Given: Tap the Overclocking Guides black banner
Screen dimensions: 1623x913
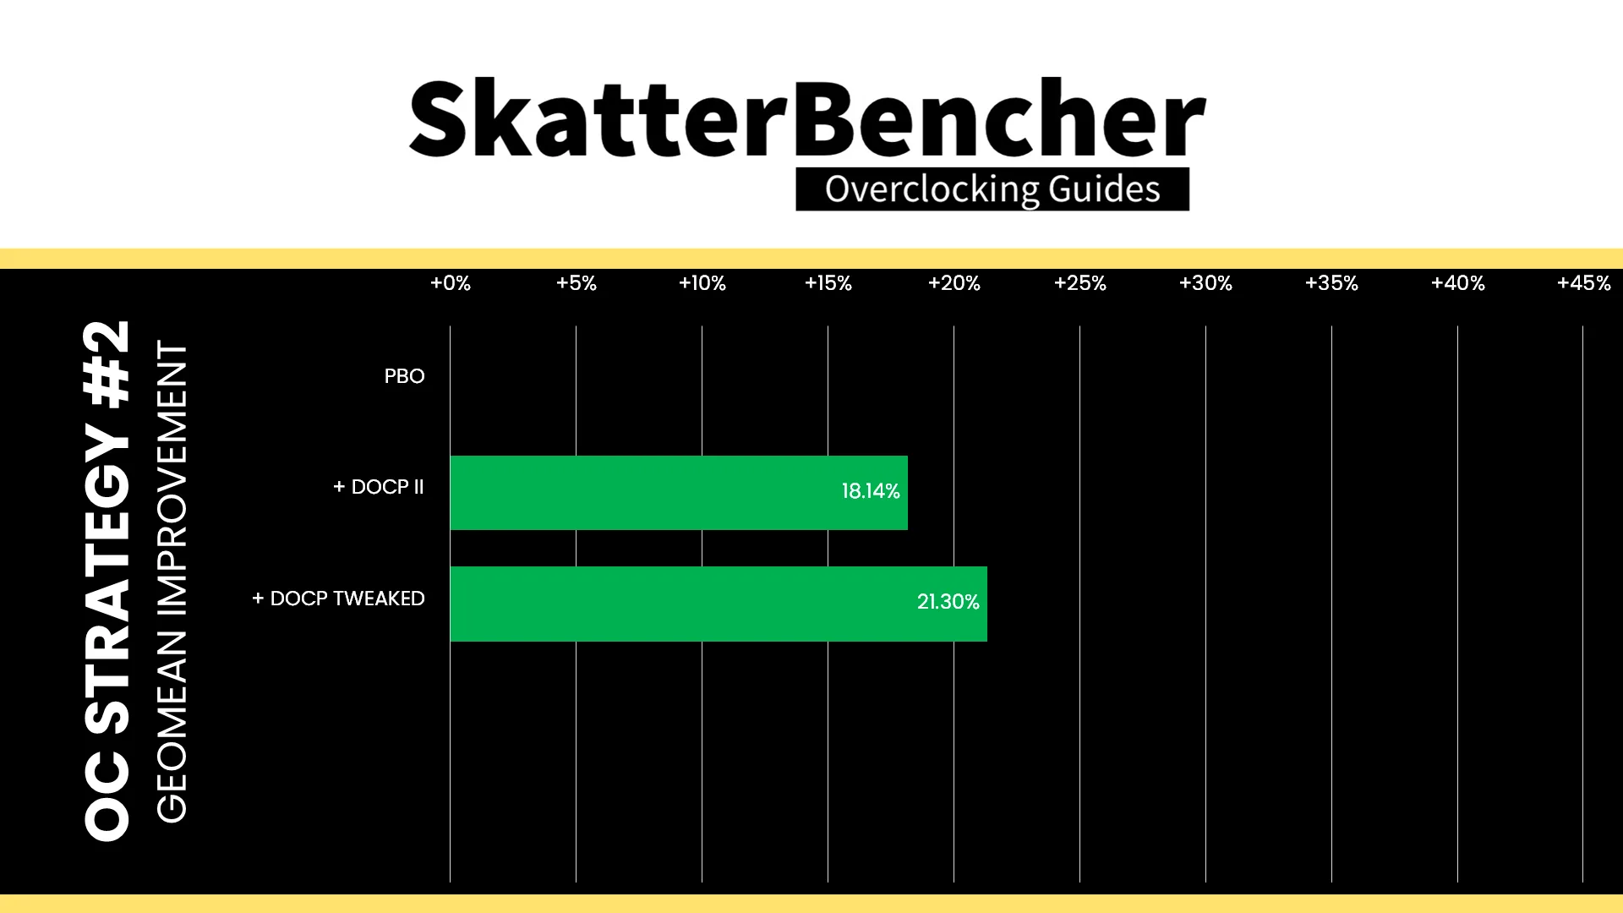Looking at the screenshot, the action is (x=992, y=189).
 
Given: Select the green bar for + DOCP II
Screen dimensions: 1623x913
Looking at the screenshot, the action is (x=679, y=493).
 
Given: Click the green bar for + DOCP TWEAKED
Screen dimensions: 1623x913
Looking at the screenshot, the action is (x=719, y=604).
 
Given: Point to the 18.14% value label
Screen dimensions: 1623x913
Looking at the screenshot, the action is (x=871, y=491).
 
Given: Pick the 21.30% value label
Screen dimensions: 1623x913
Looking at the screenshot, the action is (x=948, y=602).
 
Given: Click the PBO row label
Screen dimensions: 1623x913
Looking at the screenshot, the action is (x=404, y=376).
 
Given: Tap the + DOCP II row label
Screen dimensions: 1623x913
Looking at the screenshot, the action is (x=379, y=487).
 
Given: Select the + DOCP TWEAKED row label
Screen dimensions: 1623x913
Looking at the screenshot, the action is (x=338, y=599).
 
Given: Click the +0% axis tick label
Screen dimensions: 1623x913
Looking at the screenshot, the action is (x=451, y=283).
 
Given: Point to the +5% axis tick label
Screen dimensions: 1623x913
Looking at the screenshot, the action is (x=577, y=283).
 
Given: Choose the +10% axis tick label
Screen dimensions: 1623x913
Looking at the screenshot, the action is (x=702, y=283).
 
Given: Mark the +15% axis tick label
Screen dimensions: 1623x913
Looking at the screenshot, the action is (x=828, y=283).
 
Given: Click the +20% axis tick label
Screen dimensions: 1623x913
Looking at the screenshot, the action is (x=954, y=283).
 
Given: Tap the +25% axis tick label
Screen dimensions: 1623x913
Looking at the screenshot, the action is (x=1080, y=283).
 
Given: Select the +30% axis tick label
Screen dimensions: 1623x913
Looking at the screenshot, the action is (x=1206, y=283).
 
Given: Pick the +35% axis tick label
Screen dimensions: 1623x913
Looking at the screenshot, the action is (x=1332, y=283).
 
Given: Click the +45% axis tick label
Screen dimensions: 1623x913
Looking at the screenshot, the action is (x=1584, y=283).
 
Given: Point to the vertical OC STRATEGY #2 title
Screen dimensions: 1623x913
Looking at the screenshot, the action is (x=107, y=581).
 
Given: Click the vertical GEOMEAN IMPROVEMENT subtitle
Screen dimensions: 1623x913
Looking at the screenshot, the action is (x=172, y=582).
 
